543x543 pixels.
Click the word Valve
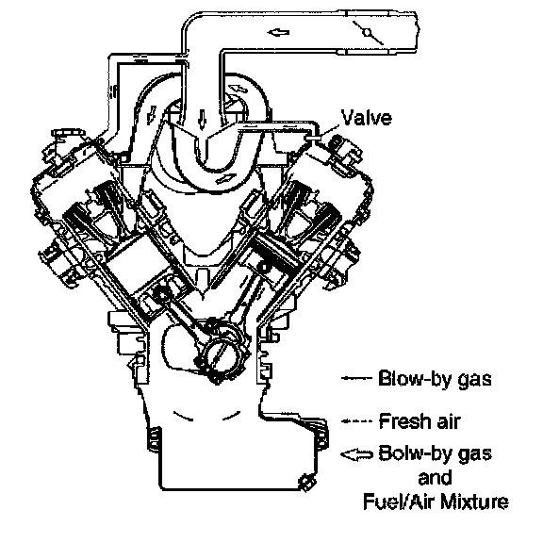pyautogui.click(x=367, y=117)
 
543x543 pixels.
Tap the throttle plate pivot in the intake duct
pyautogui.click(x=367, y=33)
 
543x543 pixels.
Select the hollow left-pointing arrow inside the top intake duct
pyautogui.click(x=278, y=33)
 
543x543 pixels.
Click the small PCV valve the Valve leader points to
pyautogui.click(x=313, y=138)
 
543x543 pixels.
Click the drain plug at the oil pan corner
pyautogui.click(x=306, y=482)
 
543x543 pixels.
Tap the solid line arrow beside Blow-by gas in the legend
pyautogui.click(x=356, y=378)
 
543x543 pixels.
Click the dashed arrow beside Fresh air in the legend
pyautogui.click(x=356, y=421)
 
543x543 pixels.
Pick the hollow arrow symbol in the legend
pyautogui.click(x=356, y=453)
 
